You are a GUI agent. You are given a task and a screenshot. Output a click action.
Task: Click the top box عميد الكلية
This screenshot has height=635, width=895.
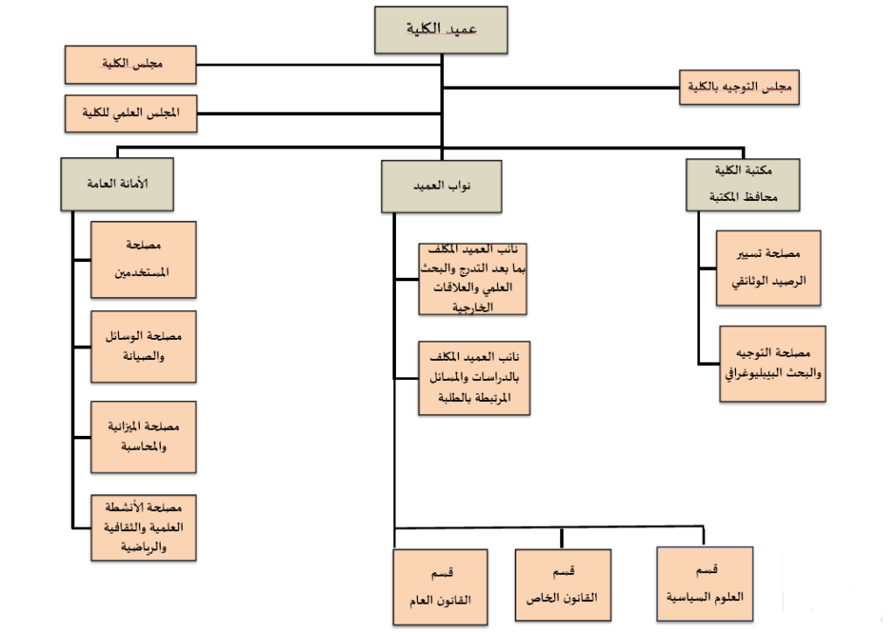[x=441, y=29]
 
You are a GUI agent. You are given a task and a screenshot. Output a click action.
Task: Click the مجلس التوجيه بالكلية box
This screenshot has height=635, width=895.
[x=739, y=86]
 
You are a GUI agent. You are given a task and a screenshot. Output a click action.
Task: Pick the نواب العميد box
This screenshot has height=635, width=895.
[x=441, y=187]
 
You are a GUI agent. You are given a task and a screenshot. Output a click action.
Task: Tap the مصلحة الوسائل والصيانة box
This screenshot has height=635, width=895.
[x=143, y=345]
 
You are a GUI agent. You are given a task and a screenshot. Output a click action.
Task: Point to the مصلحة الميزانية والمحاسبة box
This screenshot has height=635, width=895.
[x=143, y=436]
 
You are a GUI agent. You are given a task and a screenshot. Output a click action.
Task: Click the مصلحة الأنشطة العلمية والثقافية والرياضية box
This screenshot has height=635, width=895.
[x=143, y=527]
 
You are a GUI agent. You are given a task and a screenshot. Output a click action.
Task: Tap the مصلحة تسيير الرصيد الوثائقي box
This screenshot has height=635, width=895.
[x=768, y=268]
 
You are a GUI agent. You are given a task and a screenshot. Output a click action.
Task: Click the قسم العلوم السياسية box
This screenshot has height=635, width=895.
[x=704, y=583]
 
